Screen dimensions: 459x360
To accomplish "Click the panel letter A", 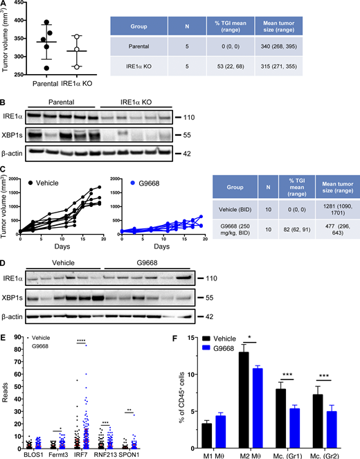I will [6, 5].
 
